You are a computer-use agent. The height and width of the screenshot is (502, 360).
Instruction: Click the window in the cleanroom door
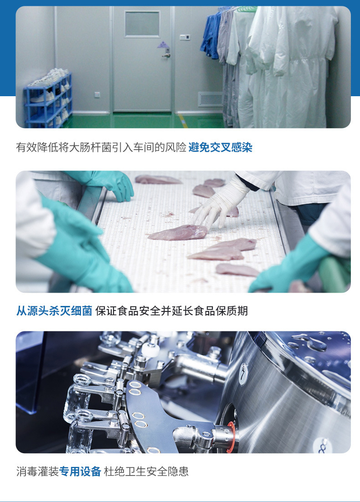[142, 24]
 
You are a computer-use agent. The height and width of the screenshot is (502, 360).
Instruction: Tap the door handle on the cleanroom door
[166, 55]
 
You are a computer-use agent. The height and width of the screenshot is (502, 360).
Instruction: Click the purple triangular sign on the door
[163, 45]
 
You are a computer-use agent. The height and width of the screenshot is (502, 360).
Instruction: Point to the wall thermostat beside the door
[185, 37]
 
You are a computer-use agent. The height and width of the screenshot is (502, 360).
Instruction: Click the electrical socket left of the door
[97, 95]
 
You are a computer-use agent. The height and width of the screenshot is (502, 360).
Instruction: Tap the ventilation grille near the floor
[210, 99]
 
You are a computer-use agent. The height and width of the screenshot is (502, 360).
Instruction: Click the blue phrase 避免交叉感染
[221, 147]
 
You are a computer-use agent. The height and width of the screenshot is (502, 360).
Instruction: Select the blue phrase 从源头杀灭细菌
[54, 311]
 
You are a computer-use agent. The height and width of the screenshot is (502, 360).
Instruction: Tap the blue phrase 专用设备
[80, 471]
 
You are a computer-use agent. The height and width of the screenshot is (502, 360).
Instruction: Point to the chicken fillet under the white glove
[178, 232]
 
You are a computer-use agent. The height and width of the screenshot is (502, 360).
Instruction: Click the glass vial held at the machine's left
[76, 398]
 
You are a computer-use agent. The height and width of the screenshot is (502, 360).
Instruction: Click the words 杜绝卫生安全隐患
[146, 471]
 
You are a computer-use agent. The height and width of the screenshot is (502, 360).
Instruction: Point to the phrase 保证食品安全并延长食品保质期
[171, 311]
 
